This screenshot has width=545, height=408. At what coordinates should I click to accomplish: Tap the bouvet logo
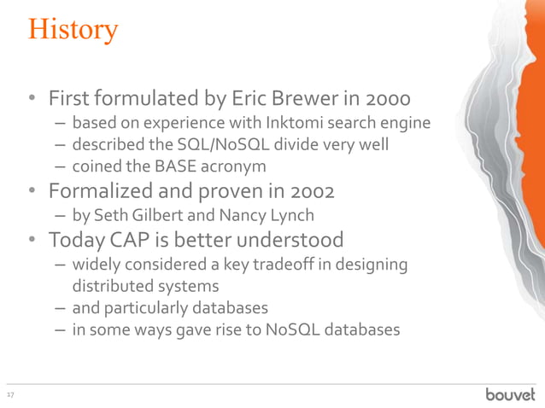(x=511, y=394)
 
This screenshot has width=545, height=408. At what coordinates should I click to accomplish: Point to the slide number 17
(x=11, y=395)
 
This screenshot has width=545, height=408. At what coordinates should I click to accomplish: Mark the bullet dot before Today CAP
(x=30, y=240)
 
